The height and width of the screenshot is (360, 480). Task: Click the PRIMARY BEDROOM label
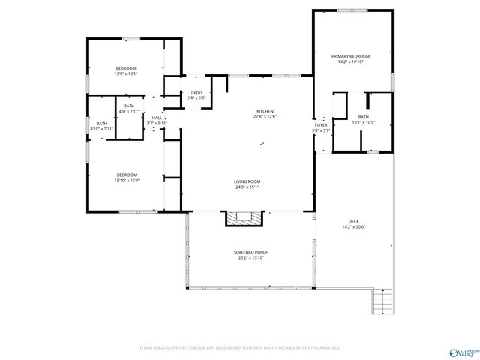(x=351, y=56)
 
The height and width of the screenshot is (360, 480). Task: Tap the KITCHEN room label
(x=265, y=111)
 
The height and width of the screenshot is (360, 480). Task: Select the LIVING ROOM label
(x=247, y=181)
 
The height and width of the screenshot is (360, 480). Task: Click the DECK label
(x=353, y=221)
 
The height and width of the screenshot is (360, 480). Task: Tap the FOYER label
(x=320, y=125)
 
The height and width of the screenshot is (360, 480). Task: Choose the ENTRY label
(x=196, y=92)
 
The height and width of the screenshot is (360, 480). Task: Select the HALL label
(x=157, y=118)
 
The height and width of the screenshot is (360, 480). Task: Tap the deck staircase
(x=382, y=301)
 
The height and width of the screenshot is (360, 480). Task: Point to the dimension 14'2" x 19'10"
(x=351, y=62)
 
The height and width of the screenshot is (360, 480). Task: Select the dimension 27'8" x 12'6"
(x=265, y=117)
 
